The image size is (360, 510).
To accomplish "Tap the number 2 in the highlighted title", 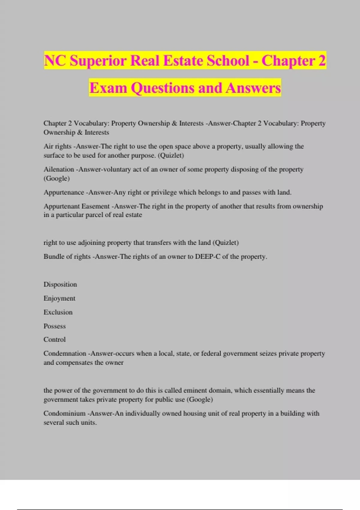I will pos(322,61).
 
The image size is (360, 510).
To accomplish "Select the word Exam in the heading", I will pos(108,88).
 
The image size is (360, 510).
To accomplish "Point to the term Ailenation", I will pos(59,169).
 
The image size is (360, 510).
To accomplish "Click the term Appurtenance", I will pos(64,192).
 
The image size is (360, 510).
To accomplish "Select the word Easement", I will pos(95,206).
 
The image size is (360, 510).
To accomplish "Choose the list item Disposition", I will pos(60,284).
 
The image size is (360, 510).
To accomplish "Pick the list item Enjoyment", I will pos(59,298).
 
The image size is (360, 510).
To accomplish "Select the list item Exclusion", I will pos(58,312).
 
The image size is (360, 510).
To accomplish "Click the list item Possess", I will pos(55,326).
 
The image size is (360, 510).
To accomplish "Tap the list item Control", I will pos(55,340).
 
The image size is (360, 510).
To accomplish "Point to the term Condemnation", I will pos(65,354).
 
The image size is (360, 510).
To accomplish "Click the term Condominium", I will pos(64,414).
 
